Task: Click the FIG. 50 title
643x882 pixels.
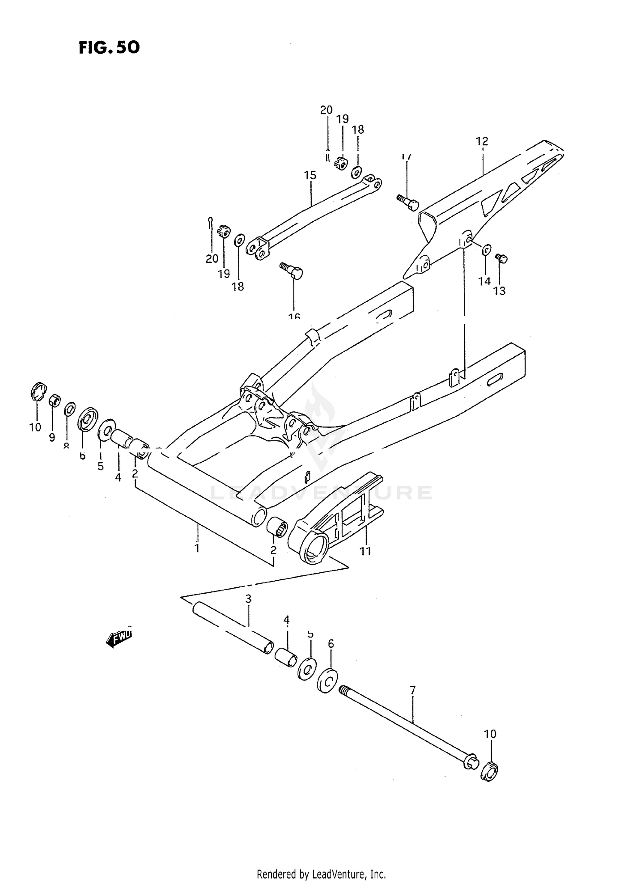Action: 109,48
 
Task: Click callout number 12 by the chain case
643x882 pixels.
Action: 482,141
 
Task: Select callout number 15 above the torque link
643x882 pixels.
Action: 310,175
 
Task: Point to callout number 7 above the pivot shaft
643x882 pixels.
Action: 412,690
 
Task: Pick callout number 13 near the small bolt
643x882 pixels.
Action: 499,291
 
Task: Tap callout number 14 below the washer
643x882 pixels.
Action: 484,281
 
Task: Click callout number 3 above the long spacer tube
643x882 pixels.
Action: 248,599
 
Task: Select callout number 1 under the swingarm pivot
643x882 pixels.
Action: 197,548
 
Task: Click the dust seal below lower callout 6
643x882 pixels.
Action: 327,679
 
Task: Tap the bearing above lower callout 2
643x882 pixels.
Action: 276,526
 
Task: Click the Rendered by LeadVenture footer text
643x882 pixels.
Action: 321,874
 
